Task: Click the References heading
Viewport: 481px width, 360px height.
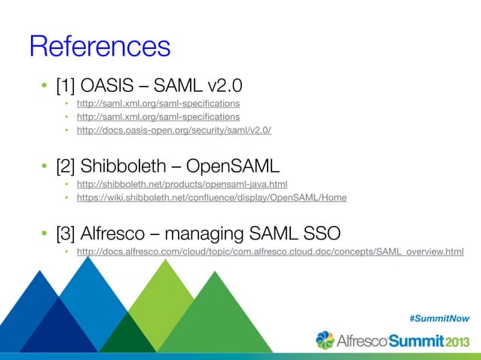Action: [x=100, y=46]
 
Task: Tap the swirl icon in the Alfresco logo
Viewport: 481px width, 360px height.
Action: [x=325, y=340]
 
